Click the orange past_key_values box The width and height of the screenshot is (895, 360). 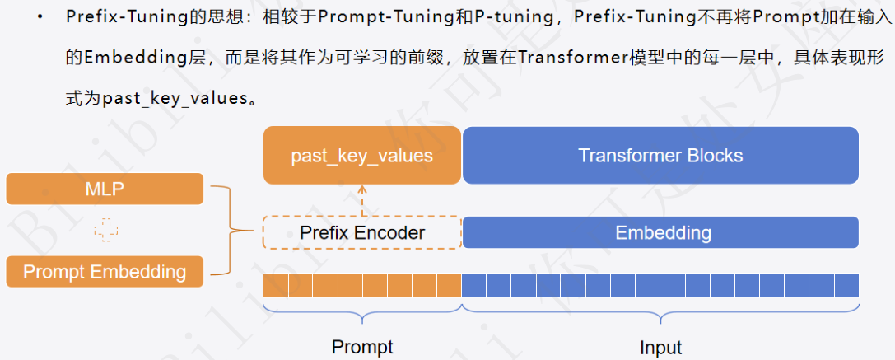point(361,155)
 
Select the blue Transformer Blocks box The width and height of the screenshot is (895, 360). point(660,155)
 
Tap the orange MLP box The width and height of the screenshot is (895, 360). point(105,189)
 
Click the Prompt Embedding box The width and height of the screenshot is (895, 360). point(105,272)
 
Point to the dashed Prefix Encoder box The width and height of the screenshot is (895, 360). point(361,232)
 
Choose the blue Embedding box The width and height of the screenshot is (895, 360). point(660,232)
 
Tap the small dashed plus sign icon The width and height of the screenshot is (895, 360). point(105,231)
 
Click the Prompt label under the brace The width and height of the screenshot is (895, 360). point(361,346)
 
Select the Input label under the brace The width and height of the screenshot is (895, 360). point(660,346)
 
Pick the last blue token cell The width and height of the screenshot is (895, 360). point(847,285)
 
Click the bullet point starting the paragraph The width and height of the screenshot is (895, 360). point(40,18)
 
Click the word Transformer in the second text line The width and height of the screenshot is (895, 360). point(561,58)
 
